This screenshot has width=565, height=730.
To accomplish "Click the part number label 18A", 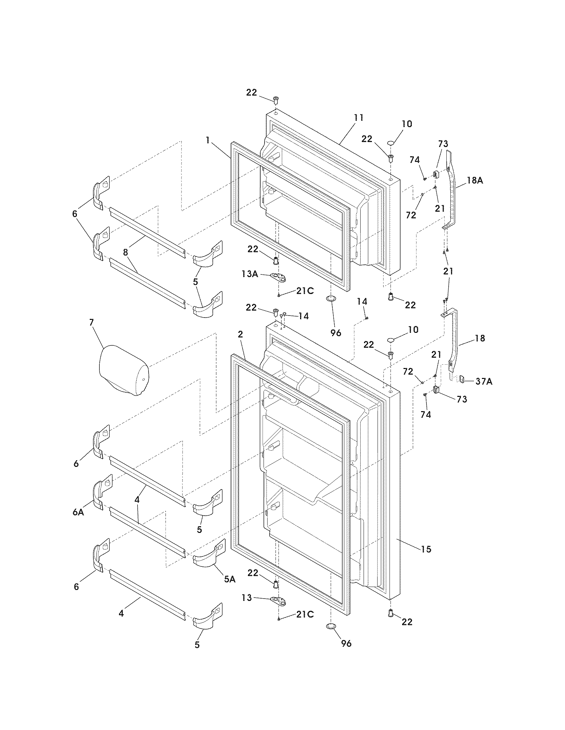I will coord(475,181).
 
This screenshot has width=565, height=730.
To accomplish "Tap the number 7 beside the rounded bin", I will coord(92,322).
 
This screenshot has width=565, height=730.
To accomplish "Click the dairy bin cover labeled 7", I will coord(124,371).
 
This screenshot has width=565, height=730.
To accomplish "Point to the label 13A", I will coord(250,274).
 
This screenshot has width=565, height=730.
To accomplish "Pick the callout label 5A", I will coord(230,579).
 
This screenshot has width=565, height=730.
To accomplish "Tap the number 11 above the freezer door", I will coord(359,118).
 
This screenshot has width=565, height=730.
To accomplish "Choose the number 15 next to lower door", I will coord(426,549).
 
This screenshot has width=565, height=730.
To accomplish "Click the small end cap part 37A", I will coord(461,379).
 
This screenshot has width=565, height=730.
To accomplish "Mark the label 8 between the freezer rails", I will coord(126,252).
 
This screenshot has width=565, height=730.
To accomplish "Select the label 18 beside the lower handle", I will coord(480,338).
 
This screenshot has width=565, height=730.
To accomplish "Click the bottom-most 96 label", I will coord(346,643).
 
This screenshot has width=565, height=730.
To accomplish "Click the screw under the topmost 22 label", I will coord(276,99).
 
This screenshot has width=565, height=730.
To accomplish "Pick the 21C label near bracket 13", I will coord(304,614).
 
